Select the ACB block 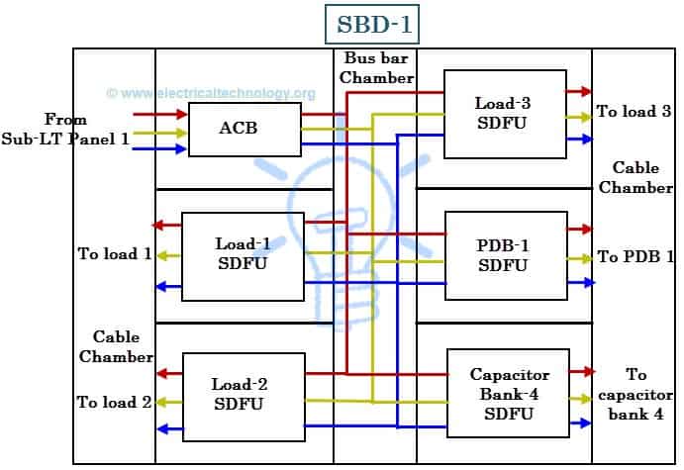coord(244,129)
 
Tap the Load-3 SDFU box coord(505,113)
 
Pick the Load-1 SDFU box coord(243,255)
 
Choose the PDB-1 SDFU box coord(506,255)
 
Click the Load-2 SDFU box coord(243,396)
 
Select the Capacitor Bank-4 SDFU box coord(508,394)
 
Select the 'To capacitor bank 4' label coord(636,394)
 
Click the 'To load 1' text coord(115,254)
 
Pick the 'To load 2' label coord(115,402)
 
